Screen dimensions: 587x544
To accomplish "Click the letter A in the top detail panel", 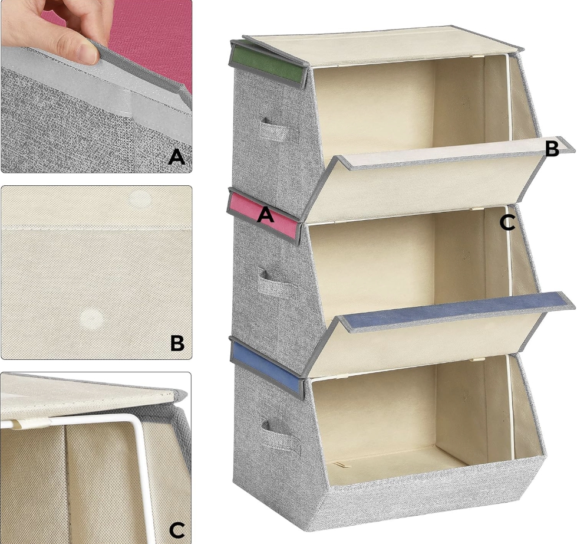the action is (x=177, y=157).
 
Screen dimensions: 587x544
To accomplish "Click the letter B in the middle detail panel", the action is (x=177, y=342).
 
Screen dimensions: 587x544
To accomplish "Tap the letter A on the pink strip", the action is (x=265, y=215).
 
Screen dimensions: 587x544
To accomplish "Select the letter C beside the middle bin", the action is (x=507, y=223).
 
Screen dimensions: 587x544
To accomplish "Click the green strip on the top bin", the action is (x=266, y=64).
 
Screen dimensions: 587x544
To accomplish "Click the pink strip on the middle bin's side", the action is (x=263, y=216).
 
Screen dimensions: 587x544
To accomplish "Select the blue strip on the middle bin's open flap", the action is (x=455, y=310).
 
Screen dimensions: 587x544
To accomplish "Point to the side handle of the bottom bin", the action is (x=281, y=435).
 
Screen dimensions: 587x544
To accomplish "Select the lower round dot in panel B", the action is (x=91, y=319).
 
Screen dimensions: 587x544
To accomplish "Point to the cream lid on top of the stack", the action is (x=382, y=47).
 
